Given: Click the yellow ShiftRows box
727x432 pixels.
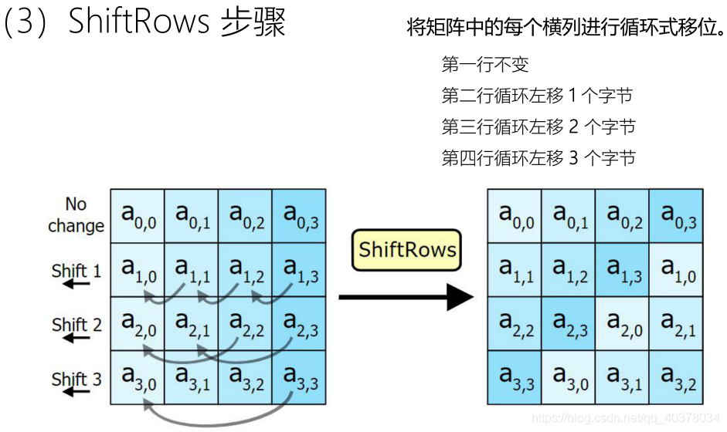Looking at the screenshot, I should [x=406, y=250].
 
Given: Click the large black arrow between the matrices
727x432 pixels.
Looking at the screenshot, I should [x=406, y=297].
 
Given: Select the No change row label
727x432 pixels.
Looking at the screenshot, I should [x=76, y=215].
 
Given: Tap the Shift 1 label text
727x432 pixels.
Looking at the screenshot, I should [x=76, y=271].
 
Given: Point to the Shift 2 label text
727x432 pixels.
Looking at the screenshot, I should [x=76, y=325].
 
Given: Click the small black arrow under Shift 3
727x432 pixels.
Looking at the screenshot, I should [x=76, y=393].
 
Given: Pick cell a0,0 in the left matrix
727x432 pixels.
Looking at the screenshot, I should [x=138, y=215].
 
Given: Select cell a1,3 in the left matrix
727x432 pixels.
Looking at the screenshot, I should [x=300, y=269].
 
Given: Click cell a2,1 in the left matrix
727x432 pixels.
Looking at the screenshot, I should [x=192, y=323].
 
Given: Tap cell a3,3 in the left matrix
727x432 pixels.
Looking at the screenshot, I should [x=300, y=378].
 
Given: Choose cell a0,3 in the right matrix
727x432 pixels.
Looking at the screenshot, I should [x=676, y=215].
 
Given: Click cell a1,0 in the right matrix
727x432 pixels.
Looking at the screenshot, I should [x=676, y=269].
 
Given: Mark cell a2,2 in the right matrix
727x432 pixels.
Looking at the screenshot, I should [x=515, y=323].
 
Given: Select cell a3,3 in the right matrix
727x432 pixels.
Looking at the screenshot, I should [x=515, y=378].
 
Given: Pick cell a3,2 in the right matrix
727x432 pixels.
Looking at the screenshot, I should [x=676, y=378].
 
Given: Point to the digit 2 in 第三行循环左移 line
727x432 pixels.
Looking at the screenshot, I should [x=573, y=127].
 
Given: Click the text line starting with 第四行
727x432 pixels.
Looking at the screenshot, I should [x=538, y=158].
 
